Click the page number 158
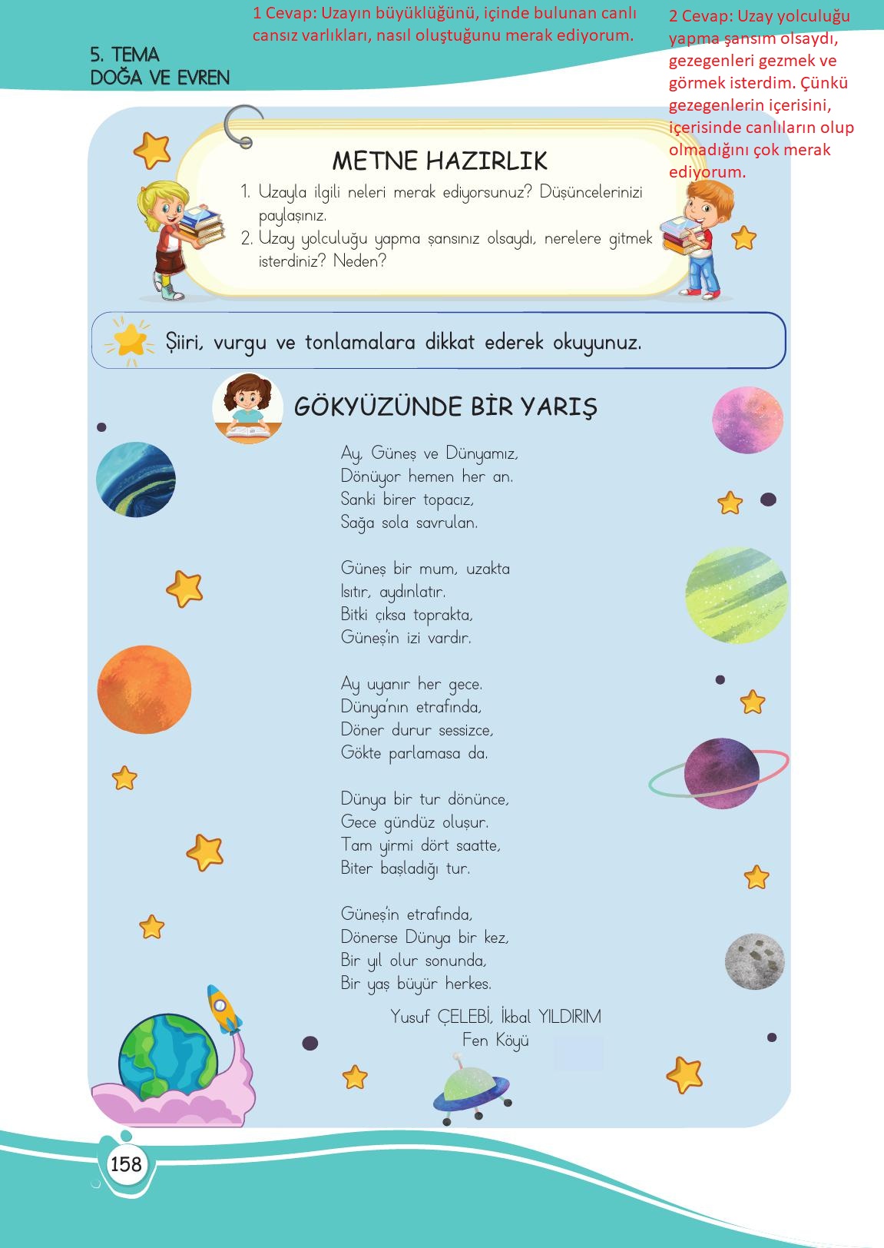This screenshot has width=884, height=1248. click(126, 1163)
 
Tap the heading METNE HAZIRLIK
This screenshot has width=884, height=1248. click(439, 161)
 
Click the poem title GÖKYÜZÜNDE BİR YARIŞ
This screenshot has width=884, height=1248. click(445, 407)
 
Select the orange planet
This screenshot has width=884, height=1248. click(144, 689)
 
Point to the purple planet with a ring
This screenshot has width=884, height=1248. click(720, 773)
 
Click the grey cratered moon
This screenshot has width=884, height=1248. click(754, 961)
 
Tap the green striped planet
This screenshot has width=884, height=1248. click(736, 595)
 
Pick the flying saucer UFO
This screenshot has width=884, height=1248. click(471, 1087)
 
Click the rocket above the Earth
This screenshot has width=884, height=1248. click(223, 1009)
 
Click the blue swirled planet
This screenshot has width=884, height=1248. click(136, 479)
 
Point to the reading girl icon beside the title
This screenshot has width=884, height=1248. click(247, 409)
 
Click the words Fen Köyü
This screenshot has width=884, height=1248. click(495, 1041)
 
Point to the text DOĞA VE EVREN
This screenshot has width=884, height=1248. click(160, 78)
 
